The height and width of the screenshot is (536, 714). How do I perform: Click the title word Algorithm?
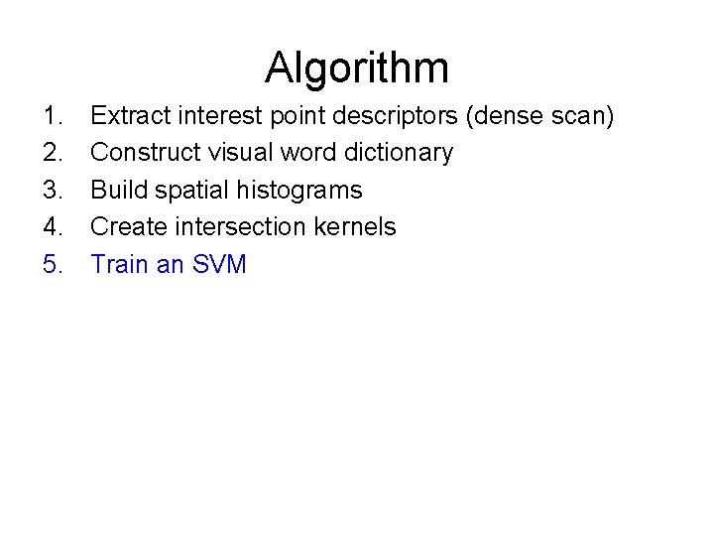click(357, 68)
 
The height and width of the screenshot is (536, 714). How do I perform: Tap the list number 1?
click(53, 117)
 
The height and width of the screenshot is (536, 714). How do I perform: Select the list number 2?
click(53, 153)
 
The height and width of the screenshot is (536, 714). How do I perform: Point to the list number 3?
click(53, 190)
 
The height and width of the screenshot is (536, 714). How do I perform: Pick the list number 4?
click(53, 226)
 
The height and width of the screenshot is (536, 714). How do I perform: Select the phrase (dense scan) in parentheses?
click(541, 117)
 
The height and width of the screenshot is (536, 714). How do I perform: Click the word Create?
click(126, 226)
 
